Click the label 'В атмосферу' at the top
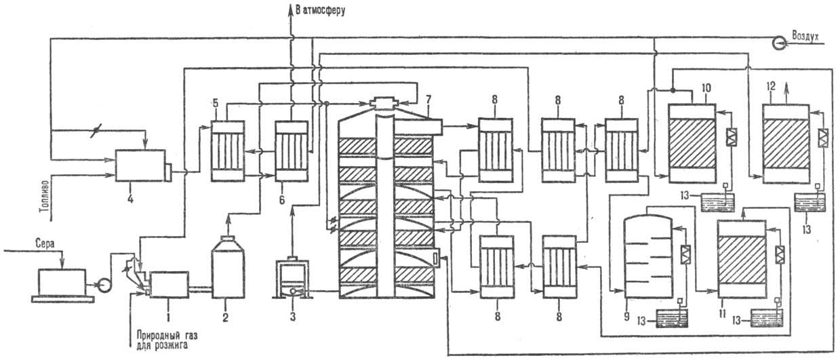(321, 10)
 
